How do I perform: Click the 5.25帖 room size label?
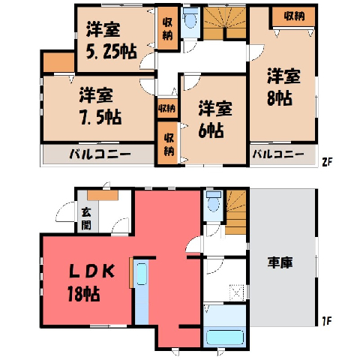pos(112,52)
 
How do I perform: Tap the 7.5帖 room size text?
pos(100,117)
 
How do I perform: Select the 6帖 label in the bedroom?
pos(211,130)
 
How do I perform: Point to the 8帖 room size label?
pos(280,98)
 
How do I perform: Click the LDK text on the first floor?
pos(92,271)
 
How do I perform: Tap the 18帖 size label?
pos(84,293)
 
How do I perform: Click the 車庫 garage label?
pos(280,262)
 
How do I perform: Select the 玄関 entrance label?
pos(86,219)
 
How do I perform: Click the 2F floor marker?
pos(327,163)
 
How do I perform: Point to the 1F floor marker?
pos(327,321)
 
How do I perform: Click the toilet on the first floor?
pos(214,202)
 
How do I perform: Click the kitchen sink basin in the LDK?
pos(142,274)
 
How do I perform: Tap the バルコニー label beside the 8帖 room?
pos(278,154)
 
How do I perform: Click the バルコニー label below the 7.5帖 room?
pos(100,154)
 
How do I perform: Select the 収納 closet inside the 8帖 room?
pos(293,16)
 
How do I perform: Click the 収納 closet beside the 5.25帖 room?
pos(167,28)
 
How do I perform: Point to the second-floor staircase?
pos(224,23)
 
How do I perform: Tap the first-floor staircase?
pos(235,212)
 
